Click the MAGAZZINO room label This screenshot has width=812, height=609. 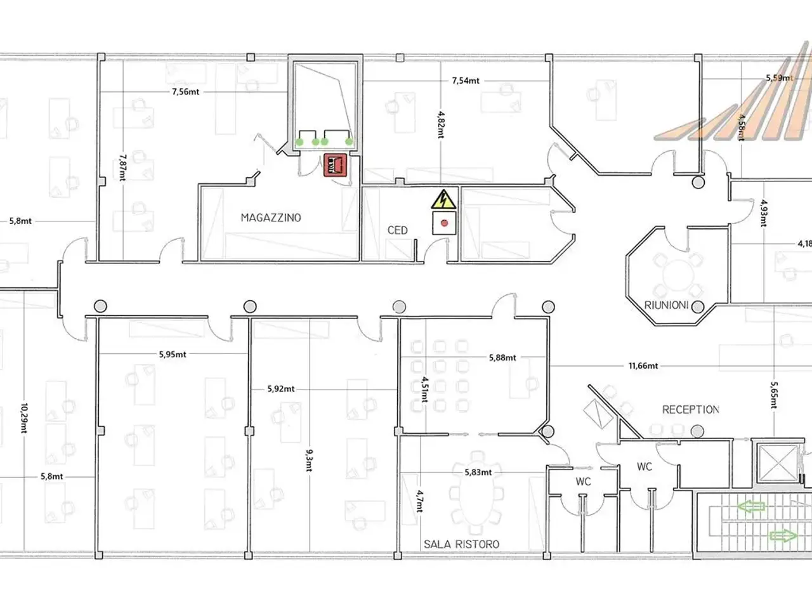pos(271,218)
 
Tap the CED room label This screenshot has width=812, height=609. pos(397,230)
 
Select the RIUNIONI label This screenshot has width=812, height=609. pos(666,305)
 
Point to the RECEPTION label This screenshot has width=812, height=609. pos(690,410)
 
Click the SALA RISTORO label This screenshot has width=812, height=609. pos(461,544)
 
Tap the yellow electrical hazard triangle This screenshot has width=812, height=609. pos(443,200)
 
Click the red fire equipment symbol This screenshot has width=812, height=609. pos(335,165)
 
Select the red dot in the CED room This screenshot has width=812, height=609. pos(444,223)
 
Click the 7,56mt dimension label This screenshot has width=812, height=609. pos(185,92)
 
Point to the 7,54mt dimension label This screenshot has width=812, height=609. pos(466,81)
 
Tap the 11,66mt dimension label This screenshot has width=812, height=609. pos(643,366)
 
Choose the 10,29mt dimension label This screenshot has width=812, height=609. pos(24,418)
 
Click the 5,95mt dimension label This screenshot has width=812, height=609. pos(173,354)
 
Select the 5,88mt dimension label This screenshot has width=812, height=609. pos(502,358)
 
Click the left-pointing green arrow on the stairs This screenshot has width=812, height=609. pos(750,506)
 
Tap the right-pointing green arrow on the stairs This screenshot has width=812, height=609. pos(783,535)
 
